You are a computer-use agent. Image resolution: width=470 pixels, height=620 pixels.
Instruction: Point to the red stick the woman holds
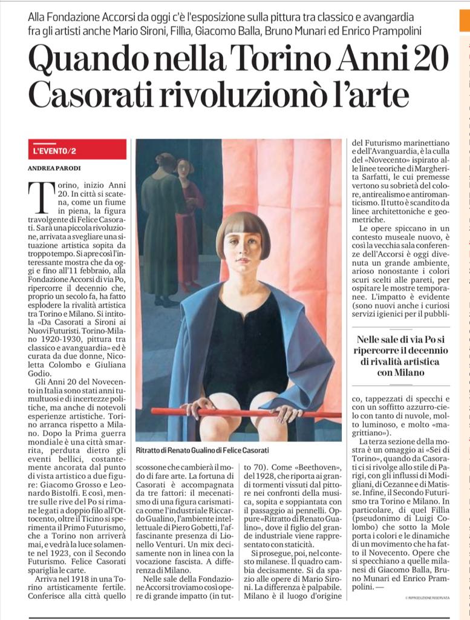pyautogui.click(x=242, y=413)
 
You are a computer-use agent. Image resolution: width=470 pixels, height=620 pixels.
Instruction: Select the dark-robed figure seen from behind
pyautogui.click(x=163, y=230)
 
